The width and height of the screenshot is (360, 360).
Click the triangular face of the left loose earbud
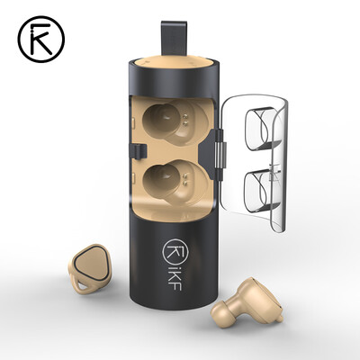(96, 265)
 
